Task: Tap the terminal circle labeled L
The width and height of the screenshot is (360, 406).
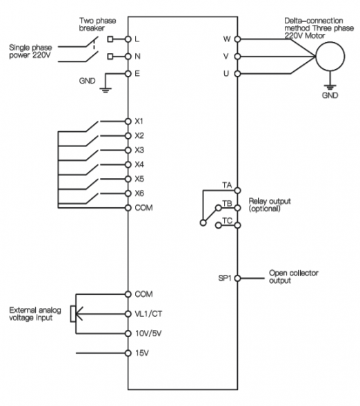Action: [x=128, y=39]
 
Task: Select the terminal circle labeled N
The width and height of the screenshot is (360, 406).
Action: [x=128, y=56]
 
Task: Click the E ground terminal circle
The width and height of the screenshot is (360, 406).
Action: [x=128, y=73]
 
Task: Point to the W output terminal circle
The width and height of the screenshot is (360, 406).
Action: [x=237, y=39]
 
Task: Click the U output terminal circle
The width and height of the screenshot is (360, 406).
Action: [x=237, y=73]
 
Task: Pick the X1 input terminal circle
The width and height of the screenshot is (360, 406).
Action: [x=128, y=122]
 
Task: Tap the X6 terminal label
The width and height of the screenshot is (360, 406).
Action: [x=139, y=193]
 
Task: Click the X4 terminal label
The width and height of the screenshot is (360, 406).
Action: [x=139, y=164]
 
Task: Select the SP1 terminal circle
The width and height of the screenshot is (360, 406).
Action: [x=237, y=278]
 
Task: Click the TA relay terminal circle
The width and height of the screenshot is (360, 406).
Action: [x=237, y=191]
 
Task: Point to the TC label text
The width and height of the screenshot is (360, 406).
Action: [x=228, y=221]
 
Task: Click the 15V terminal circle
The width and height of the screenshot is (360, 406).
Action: [x=128, y=353]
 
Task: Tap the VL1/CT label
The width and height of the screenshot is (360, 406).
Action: [x=148, y=313]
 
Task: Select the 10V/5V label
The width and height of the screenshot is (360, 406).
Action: [x=148, y=333]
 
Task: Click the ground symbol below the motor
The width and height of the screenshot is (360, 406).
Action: [x=330, y=87]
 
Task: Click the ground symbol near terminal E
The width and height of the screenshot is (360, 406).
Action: [x=106, y=90]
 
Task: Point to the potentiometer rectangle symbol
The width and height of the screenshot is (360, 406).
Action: [x=73, y=313]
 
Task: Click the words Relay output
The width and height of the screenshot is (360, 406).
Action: [x=270, y=201]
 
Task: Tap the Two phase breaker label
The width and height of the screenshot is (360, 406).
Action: [x=97, y=24]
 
